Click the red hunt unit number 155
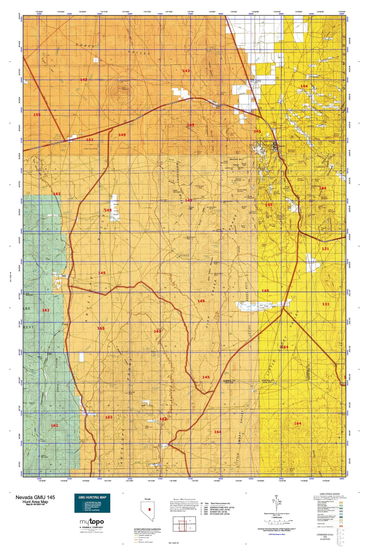pyautogui.click(x=37, y=115)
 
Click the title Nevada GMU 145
pyautogui.click(x=35, y=497)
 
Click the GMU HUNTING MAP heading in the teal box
pyautogui.click(x=92, y=497)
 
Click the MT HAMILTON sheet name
pyautogui.click(x=220, y=514)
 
